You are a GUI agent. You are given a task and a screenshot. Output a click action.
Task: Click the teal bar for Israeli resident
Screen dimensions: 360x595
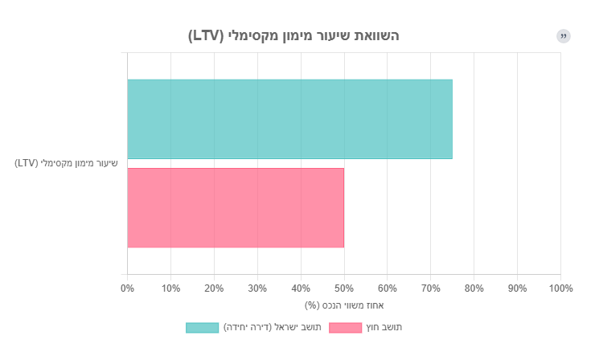(289, 119)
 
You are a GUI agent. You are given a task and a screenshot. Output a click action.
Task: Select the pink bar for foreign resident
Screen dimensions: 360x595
(236, 207)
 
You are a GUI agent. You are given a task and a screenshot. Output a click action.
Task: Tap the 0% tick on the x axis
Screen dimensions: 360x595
(127, 288)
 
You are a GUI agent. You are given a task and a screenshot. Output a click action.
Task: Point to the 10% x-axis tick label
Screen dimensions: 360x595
(170, 288)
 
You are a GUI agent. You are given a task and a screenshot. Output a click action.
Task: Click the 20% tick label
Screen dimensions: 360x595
(214, 288)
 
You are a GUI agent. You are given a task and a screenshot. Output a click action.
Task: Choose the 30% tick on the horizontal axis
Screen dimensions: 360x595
(257, 288)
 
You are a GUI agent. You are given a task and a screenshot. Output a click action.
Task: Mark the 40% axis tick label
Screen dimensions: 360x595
(301, 288)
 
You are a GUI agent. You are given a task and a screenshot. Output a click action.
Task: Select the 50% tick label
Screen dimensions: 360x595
(344, 288)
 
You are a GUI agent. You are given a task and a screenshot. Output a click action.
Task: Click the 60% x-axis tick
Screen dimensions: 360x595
(388, 288)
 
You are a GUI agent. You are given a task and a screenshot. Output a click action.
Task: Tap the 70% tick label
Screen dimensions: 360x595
(431, 288)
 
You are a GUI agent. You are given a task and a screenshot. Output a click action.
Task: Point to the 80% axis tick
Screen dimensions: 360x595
(474, 288)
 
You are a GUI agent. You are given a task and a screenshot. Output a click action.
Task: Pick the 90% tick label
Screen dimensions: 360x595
(517, 288)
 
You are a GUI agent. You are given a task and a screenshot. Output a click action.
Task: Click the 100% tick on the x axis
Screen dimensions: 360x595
(560, 288)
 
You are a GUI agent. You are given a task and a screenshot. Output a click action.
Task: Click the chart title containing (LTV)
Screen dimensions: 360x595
(293, 35)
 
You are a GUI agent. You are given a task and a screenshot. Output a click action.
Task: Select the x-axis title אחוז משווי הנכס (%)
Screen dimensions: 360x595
(344, 305)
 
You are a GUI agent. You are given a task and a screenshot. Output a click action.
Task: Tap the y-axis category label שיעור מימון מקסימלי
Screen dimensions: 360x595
(66, 163)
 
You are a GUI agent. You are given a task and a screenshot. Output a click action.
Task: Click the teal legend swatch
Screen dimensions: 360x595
(202, 327)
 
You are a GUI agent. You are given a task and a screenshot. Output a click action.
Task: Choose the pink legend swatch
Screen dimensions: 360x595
(346, 327)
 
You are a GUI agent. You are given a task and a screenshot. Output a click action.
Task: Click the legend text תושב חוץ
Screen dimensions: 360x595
(384, 327)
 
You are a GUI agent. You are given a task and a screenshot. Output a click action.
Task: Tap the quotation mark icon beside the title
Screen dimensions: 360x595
(564, 36)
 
